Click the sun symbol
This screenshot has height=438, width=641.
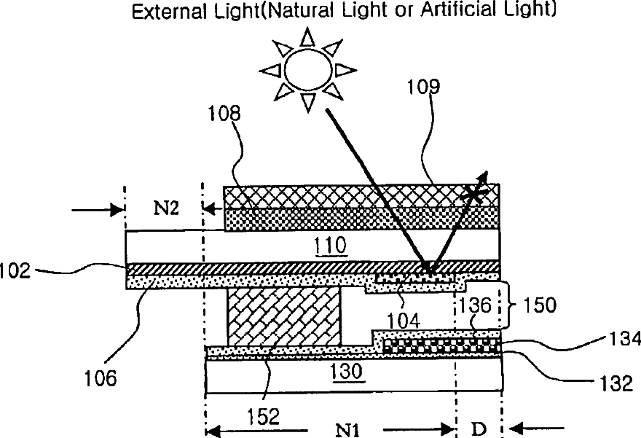305,69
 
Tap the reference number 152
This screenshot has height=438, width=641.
264,416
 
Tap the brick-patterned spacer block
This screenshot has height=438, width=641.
285,316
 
